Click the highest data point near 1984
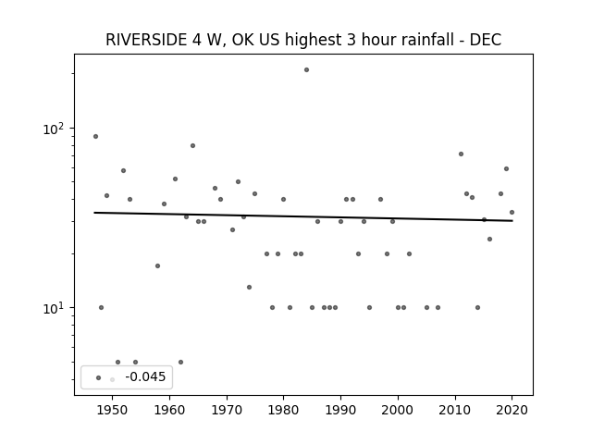coord(306,70)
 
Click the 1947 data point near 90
coord(95,136)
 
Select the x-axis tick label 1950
coord(112,410)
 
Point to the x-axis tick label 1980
coord(283,410)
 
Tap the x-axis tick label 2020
coord(512,410)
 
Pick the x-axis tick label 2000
coord(398,410)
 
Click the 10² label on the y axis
coord(54,129)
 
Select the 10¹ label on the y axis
coord(54,308)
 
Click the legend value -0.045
coord(145,376)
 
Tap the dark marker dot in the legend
coord(99,377)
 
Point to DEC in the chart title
coord(485,40)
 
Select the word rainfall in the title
coord(408,40)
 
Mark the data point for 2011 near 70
coord(461,154)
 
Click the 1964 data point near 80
coord(193,145)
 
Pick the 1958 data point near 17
coord(158,265)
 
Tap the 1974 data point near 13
coord(249,287)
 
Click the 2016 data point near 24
coord(489,239)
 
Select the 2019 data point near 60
coord(506,168)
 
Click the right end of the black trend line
coord(512,220)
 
